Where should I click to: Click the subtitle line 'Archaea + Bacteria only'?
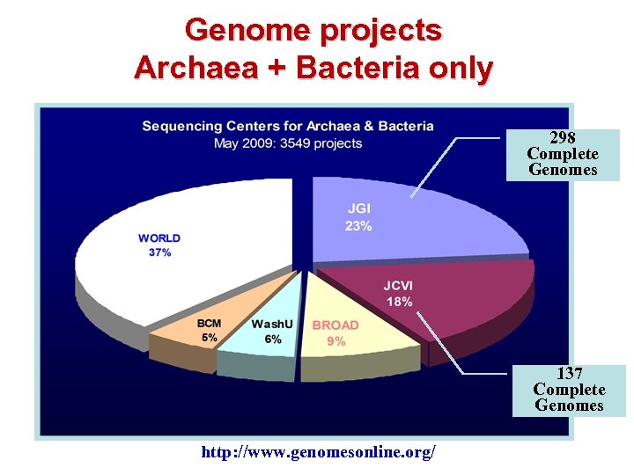(x=313, y=67)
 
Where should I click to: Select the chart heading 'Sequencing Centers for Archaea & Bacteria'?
(x=288, y=126)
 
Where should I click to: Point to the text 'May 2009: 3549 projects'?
(x=288, y=143)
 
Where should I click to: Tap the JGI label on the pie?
(x=358, y=209)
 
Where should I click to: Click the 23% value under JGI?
(x=358, y=226)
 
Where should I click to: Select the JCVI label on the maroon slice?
(x=398, y=286)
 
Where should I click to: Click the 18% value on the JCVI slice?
(x=399, y=302)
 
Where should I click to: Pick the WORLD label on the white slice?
(x=159, y=237)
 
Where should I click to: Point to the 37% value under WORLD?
(x=159, y=252)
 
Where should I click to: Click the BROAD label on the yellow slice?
(x=335, y=325)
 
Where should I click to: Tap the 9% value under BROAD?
(x=335, y=341)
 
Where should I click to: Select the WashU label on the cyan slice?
(x=272, y=324)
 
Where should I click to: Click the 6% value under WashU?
(x=273, y=339)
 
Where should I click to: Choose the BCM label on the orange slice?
(x=209, y=324)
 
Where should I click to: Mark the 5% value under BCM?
(x=209, y=338)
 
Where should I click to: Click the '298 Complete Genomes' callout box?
(x=563, y=155)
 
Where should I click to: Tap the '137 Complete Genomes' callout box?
(x=569, y=390)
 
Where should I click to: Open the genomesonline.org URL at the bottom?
(x=318, y=452)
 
